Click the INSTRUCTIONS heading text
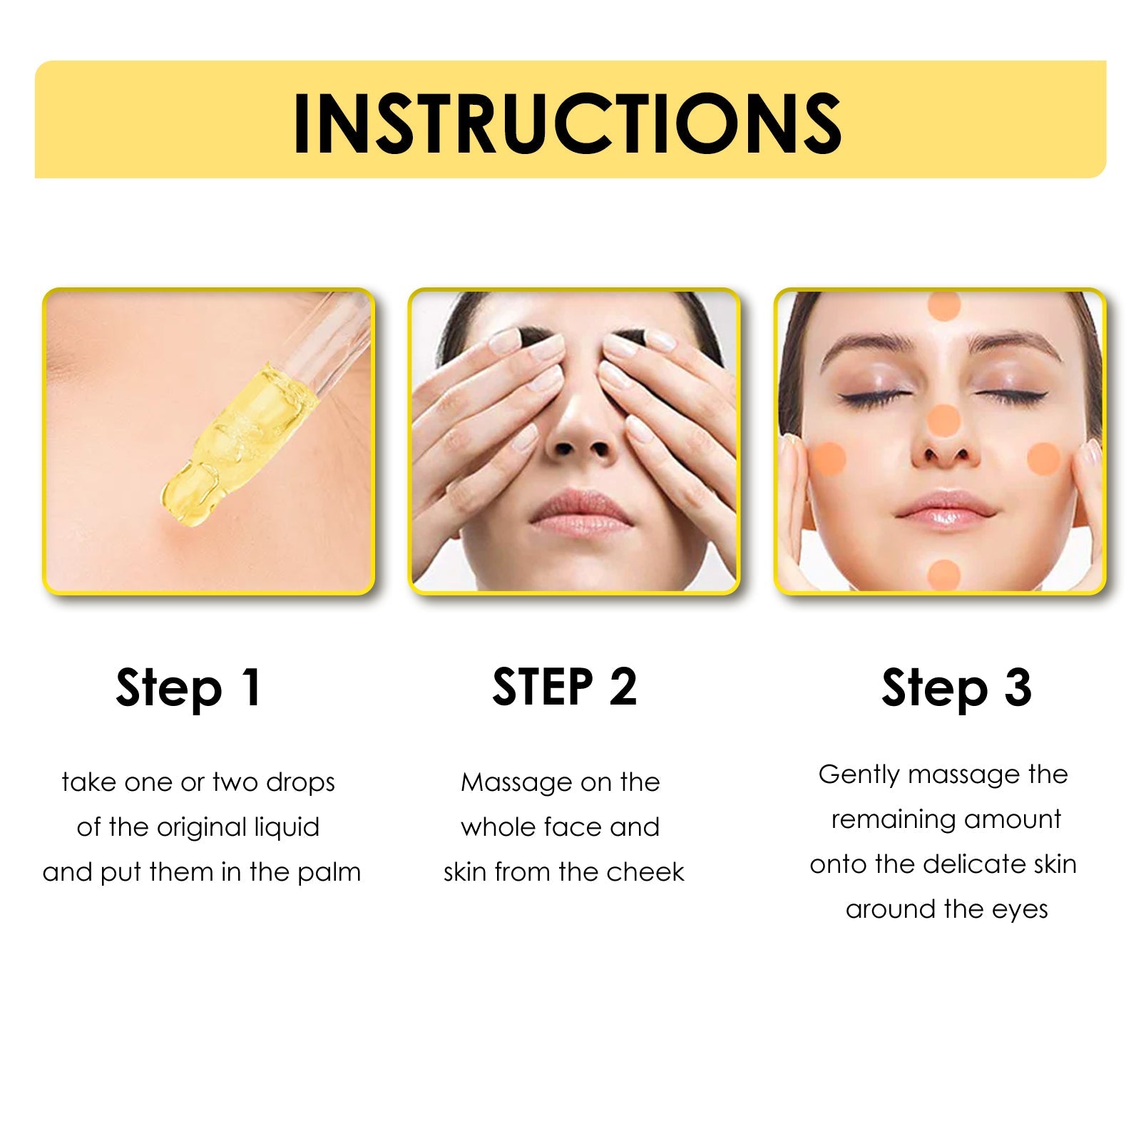(x=567, y=123)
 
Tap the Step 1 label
(x=189, y=688)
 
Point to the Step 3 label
(x=956, y=688)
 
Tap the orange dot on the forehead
(x=944, y=305)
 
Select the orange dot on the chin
(x=944, y=575)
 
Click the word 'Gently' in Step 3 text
(x=859, y=775)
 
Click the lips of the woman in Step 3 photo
(x=945, y=510)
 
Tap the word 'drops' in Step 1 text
(x=300, y=783)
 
